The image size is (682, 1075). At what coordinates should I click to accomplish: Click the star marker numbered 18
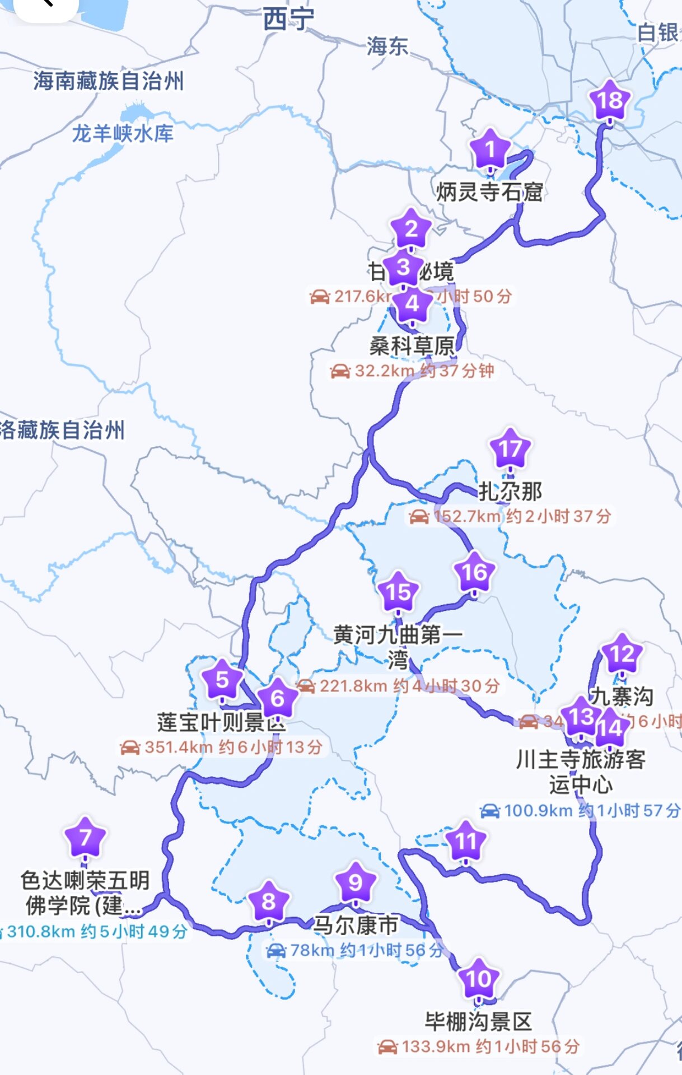point(610,101)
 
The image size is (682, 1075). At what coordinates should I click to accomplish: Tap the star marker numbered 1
point(490,149)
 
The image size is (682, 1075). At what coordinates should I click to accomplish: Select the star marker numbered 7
point(85,838)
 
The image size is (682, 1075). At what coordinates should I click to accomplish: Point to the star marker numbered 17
point(510,449)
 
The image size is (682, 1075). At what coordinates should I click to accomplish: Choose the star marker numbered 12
point(622,654)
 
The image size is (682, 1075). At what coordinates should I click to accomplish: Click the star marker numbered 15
point(398,592)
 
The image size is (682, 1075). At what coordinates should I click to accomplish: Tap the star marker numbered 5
point(222,680)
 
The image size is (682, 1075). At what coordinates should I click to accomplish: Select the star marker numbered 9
point(355,883)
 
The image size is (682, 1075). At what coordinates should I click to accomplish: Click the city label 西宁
point(288,20)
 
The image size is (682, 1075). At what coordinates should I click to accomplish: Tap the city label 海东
point(387,46)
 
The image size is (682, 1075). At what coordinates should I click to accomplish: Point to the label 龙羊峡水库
point(123,134)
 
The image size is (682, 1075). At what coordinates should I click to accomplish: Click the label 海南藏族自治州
point(108,81)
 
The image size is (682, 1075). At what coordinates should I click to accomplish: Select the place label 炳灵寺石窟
point(489,192)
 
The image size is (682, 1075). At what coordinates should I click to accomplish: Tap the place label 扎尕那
point(510,492)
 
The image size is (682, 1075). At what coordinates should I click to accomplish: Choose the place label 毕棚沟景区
point(478,1022)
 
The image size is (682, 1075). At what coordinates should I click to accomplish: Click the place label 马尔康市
point(355,925)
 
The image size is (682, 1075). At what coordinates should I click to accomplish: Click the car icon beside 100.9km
point(489,810)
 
